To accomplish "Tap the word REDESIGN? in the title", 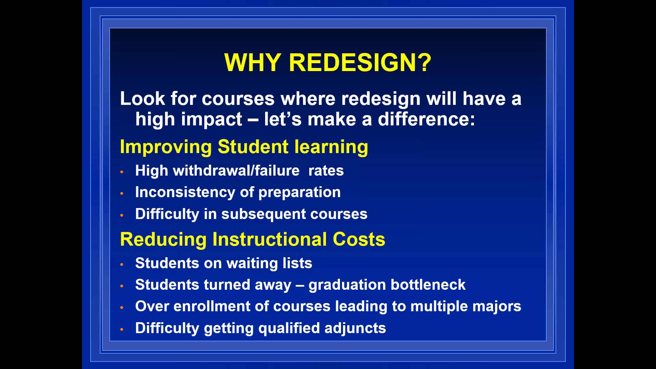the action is pos(360,63).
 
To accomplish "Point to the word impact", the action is pos(211,120).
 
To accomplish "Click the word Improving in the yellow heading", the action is pos(166,147).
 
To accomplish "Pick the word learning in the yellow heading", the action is pos(331,147).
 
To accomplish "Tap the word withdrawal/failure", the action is pos(236,170).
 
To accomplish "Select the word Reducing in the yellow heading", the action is pos(163,240).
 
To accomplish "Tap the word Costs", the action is pos(359,239).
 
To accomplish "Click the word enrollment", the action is pos(212,306).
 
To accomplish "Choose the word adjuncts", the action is pos(355,328).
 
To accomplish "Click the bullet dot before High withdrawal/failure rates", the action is pos(122,172).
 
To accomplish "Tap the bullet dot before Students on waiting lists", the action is pos(122,264).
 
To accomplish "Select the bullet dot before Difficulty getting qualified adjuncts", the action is pos(122,329).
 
